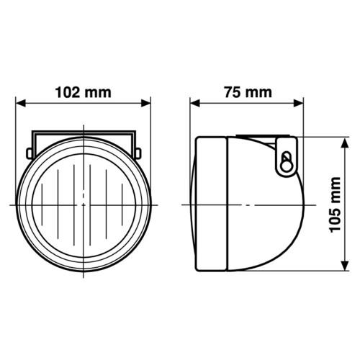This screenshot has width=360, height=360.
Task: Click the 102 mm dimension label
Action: click(x=84, y=93)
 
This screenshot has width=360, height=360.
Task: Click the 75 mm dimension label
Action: click(x=248, y=93)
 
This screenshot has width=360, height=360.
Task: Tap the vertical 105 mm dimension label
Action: click(x=336, y=204)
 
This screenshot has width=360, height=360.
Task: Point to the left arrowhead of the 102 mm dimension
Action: click(x=20, y=104)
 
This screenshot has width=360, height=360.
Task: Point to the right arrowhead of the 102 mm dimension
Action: click(x=145, y=104)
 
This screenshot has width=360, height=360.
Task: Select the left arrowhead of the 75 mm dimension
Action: click(x=194, y=104)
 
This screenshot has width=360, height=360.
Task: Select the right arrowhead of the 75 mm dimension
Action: click(x=299, y=104)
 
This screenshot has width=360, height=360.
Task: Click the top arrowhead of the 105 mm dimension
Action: click(x=345, y=143)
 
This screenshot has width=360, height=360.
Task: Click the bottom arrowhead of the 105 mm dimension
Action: click(x=345, y=266)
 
